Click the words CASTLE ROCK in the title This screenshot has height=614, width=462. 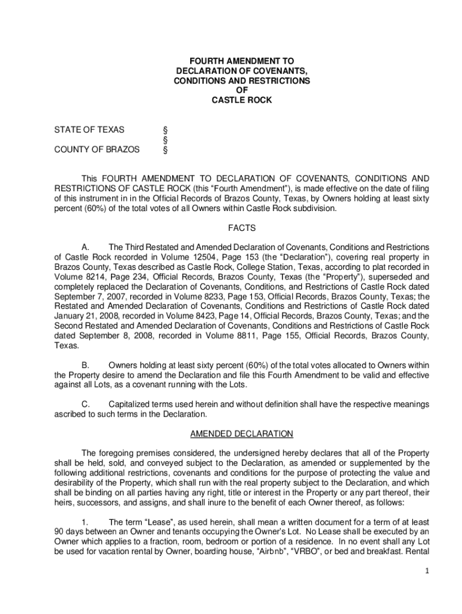click(241, 100)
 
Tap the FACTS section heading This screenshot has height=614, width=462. click(242, 228)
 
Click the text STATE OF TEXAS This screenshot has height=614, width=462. click(89, 130)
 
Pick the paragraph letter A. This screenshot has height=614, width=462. click(85, 247)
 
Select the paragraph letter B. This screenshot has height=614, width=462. click(85, 365)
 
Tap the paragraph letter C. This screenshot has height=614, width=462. click(85, 404)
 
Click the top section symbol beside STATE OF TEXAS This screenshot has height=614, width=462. click(166, 130)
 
